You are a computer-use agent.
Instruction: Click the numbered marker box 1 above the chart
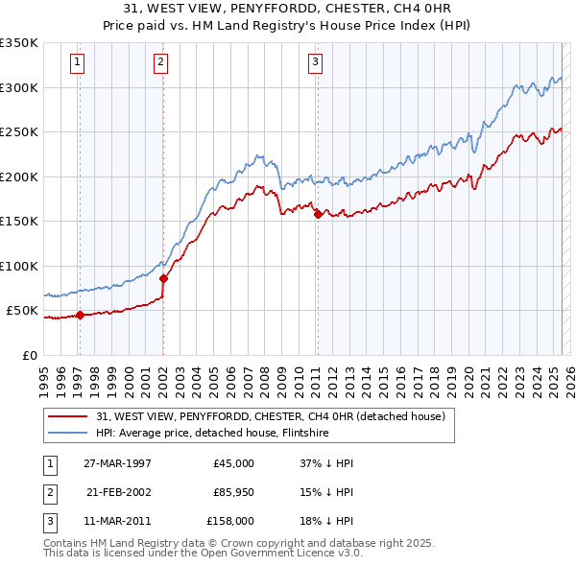(x=76, y=63)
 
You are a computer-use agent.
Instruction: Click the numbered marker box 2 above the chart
(x=160, y=63)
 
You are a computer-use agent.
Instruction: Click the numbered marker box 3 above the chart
(x=315, y=63)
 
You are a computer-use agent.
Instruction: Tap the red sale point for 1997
(x=80, y=315)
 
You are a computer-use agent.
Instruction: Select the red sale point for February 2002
(x=163, y=279)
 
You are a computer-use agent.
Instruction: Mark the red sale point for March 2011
(x=317, y=215)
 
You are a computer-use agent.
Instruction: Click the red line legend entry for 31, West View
(x=270, y=417)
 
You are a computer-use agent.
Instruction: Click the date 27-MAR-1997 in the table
(x=118, y=463)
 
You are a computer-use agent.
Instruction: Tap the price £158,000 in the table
(x=229, y=521)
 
